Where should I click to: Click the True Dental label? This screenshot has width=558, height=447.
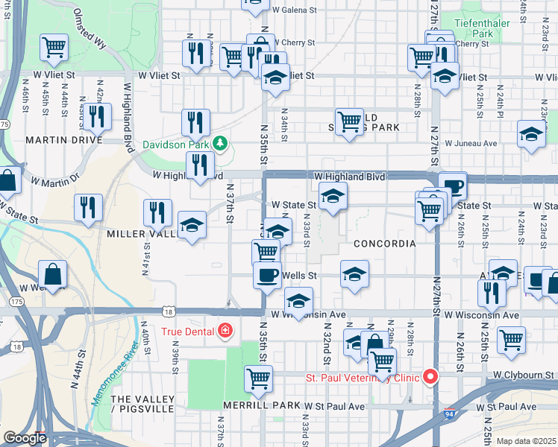186,330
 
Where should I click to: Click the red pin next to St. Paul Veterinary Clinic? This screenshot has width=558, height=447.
430,377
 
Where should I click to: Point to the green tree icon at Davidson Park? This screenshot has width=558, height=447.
220,142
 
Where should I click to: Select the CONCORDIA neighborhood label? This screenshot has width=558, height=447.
384,244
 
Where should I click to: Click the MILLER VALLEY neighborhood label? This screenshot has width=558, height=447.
141,234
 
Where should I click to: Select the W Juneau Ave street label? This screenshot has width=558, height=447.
471,143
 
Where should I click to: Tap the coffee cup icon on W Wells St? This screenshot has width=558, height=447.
267,275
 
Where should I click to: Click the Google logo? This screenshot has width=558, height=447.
25,438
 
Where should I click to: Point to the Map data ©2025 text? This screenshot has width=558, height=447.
525,441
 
